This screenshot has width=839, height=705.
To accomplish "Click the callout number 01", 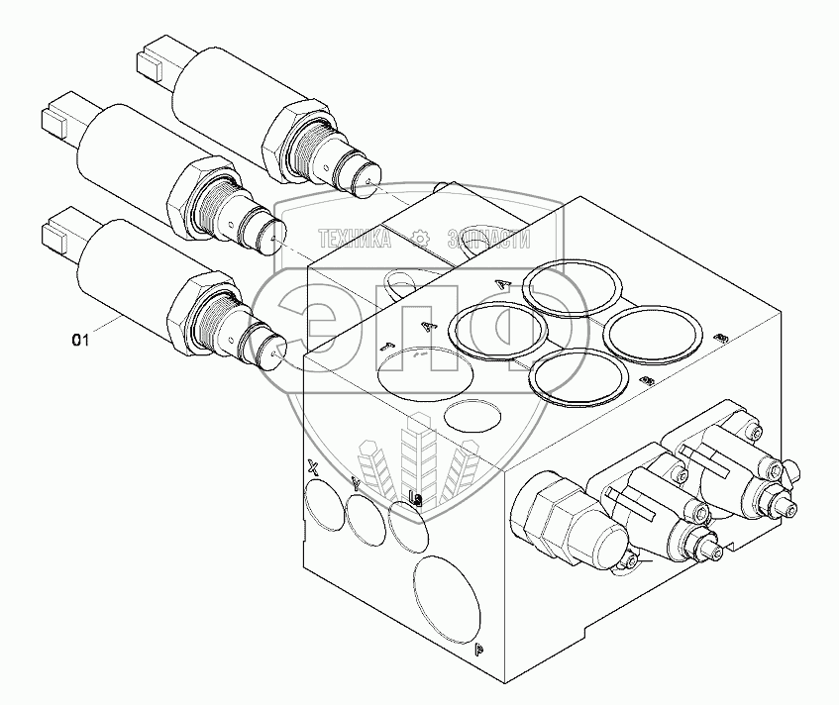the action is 80,341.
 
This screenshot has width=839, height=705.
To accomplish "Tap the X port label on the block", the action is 314,467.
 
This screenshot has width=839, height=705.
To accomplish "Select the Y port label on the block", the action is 356,484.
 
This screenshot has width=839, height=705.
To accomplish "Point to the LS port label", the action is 416,499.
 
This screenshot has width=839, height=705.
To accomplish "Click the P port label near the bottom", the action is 478,651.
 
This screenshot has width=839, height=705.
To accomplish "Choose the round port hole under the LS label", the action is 409,529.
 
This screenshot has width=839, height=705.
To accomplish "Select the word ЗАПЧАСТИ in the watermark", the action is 488,239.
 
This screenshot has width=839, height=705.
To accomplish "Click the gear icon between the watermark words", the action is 421,239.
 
